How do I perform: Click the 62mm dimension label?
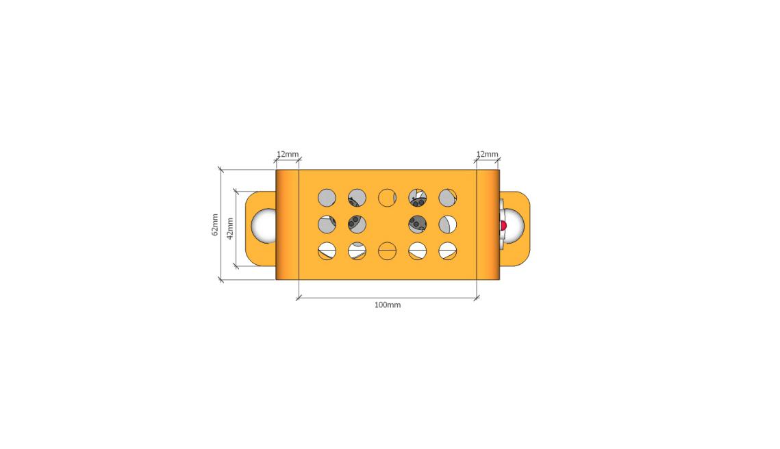[215, 224]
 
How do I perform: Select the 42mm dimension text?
[230, 228]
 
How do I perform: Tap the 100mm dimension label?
[388, 305]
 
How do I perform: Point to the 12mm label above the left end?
[288, 154]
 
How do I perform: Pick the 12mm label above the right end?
[487, 154]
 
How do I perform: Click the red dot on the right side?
[503, 226]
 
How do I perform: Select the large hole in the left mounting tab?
[264, 226]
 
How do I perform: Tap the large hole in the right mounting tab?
[512, 226]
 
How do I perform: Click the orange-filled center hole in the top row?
[387, 197]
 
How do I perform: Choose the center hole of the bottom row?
[387, 251]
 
